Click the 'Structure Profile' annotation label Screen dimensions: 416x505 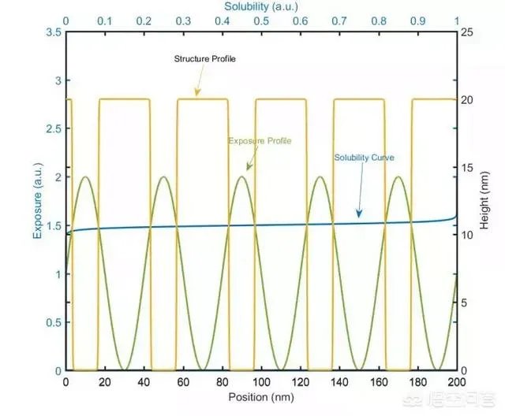click(204, 59)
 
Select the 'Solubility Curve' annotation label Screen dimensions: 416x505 click(364, 158)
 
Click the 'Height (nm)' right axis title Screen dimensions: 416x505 click(487, 202)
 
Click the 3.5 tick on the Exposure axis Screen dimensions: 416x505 click(53, 32)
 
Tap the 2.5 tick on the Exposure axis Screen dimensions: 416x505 click(53, 129)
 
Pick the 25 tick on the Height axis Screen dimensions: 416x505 click(467, 32)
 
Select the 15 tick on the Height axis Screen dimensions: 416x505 click(467, 168)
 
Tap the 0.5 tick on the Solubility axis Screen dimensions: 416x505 click(261, 20)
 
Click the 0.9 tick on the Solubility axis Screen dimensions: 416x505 click(417, 20)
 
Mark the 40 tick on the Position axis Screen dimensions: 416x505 click(143, 382)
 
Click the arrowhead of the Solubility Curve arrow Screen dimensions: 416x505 click(359, 215)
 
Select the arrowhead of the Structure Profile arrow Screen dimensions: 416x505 click(196, 96)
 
